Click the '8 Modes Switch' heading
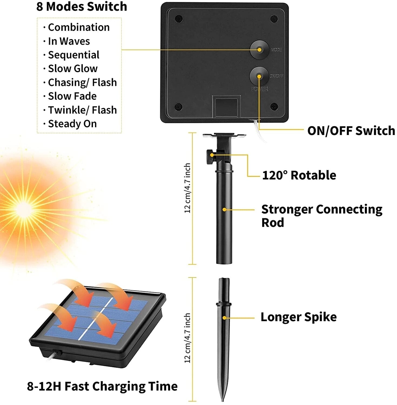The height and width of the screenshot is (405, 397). tap(82, 6)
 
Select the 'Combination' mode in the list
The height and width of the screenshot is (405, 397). tap(79, 27)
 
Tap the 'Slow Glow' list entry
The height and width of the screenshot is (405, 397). tap(73, 69)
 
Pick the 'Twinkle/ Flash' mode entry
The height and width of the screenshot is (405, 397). tap(82, 110)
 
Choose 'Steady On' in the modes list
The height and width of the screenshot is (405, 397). tap(72, 124)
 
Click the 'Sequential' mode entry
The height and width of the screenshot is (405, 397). tap(73, 55)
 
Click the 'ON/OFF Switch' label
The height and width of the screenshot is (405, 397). tap(351, 131)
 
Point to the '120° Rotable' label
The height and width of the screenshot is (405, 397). tap(299, 175)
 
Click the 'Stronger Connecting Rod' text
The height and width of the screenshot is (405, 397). tap(321, 215)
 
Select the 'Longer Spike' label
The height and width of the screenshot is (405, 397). tap(298, 317)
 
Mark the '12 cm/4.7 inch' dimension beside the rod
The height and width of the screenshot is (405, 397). tap(187, 188)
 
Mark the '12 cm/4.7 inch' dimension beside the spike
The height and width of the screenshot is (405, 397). tap(187, 338)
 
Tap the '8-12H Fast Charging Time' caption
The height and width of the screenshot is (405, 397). tap(102, 386)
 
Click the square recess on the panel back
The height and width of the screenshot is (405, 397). tap(226, 107)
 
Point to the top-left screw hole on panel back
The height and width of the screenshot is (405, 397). tap(179, 19)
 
